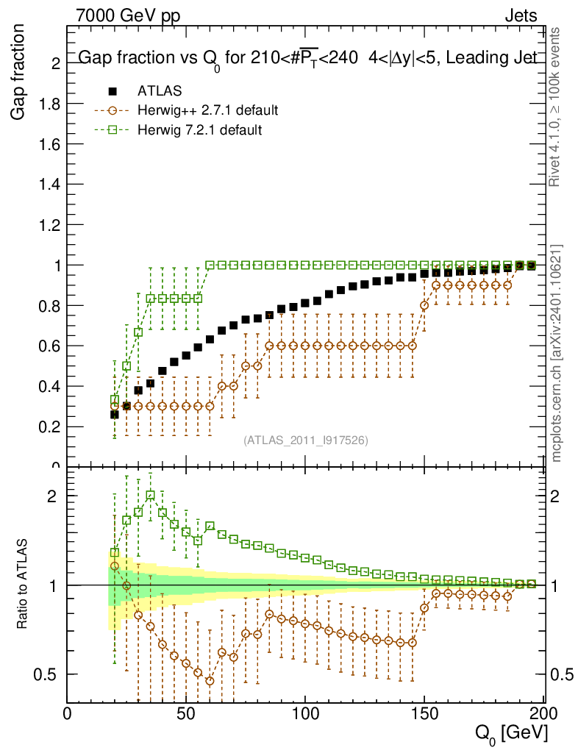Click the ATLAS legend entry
160,91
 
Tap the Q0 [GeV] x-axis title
509,733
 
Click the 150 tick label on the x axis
424,713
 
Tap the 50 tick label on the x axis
186,713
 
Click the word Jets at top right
521,15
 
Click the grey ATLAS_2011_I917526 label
306,440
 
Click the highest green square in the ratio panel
151,496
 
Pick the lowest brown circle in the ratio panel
210,681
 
